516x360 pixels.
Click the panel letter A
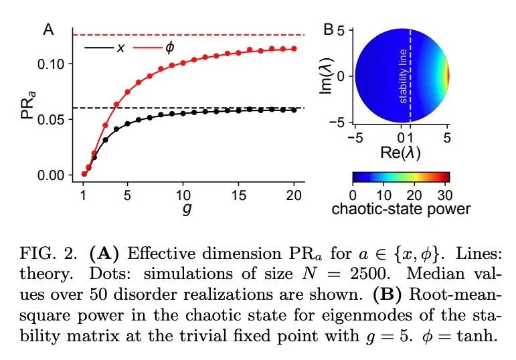[48, 29]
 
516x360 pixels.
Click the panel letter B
[329, 29]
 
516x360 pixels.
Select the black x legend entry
[106, 48]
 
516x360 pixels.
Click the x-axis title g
[185, 210]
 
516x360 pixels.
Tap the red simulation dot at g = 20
[294, 48]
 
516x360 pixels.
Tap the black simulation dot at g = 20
[294, 110]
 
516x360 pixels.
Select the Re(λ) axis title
[400, 153]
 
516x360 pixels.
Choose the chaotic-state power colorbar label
[401, 209]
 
